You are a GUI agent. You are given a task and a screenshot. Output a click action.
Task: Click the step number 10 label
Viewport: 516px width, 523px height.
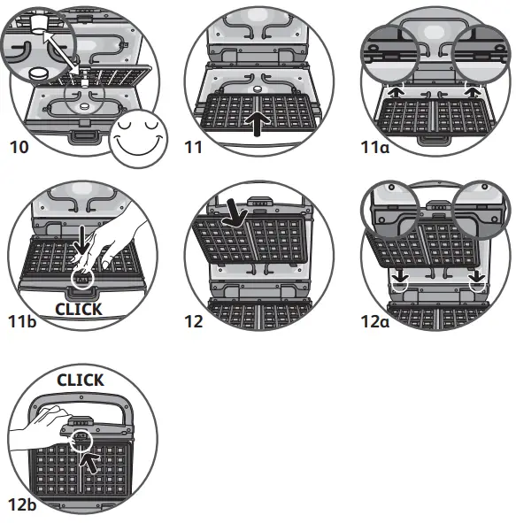pos(19,147)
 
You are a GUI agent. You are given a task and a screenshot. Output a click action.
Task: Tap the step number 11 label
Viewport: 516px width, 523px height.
pos(194,147)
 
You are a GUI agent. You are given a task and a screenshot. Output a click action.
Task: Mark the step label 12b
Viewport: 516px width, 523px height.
pos(22,505)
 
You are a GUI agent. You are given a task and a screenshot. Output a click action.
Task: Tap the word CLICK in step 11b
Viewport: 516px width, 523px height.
pos(79,310)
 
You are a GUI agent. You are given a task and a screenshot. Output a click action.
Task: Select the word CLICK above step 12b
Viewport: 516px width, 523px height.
pos(81,381)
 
